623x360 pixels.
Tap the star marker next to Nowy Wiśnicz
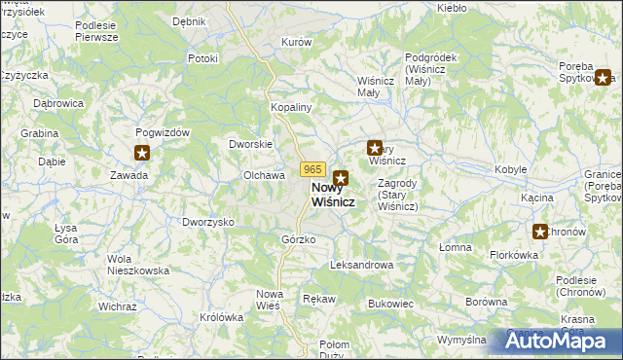tap(341, 178)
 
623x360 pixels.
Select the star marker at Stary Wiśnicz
tap(374, 148)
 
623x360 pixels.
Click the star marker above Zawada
tap(142, 153)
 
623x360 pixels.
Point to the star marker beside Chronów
tap(540, 231)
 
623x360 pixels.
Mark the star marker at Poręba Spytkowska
tap(605, 79)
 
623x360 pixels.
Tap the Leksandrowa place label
tap(361, 265)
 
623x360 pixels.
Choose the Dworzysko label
tap(208, 222)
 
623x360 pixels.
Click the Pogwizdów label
tap(163, 132)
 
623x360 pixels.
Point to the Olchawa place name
tap(264, 175)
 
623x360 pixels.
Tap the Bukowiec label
tap(391, 304)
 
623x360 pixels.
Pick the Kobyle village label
tap(511, 169)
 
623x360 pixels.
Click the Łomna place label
tap(455, 247)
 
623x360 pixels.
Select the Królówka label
tap(221, 317)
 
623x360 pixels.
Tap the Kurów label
tap(296, 43)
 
